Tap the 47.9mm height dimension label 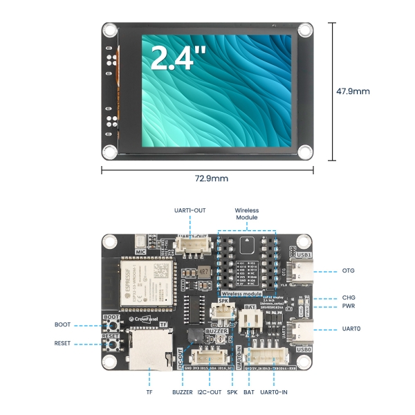coord(353,91)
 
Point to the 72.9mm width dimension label coord(211,178)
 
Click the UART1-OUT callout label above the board coord(188,209)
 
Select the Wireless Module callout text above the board coord(246,213)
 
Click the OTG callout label coord(349,270)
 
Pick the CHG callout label coord(349,298)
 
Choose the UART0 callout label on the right coord(351,329)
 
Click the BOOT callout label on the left coord(62,324)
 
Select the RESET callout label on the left coord(62,343)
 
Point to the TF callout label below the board coord(149,392)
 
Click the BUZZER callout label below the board coord(183,392)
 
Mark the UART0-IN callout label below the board coord(275,392)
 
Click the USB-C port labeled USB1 coord(303,271)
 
